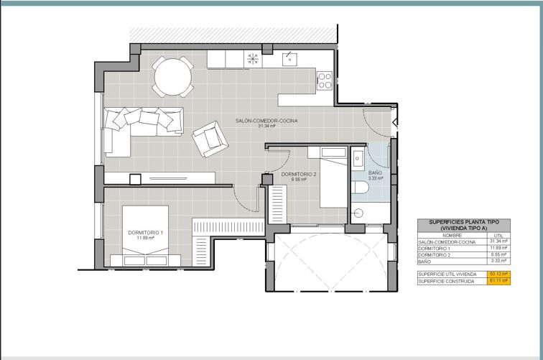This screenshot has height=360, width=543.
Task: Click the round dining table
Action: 173,77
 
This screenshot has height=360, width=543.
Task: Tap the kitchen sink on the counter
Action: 289,59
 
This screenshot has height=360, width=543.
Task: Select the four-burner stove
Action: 325,80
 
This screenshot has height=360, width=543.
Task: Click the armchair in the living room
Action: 210,139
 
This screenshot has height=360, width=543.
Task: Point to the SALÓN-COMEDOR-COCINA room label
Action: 266,121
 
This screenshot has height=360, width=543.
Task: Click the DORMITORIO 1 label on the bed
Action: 145,233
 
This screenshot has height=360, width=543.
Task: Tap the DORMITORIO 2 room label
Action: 299,175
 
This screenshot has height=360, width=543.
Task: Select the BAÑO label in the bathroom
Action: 376,172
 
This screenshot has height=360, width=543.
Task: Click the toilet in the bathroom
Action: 358,188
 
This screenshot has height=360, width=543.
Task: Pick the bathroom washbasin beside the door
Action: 357,158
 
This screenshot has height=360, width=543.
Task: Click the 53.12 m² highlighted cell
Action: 498,274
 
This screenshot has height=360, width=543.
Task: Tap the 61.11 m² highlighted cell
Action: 498,281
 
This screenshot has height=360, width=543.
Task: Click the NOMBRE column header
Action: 452,235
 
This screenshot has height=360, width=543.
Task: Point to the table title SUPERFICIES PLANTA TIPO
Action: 464,222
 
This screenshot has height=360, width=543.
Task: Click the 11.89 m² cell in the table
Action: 498,248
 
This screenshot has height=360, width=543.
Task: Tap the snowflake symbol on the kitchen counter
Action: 253,59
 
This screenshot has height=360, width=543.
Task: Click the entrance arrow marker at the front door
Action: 395,122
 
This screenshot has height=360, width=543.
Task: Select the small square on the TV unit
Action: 135,180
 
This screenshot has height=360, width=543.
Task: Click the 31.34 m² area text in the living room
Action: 266,126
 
